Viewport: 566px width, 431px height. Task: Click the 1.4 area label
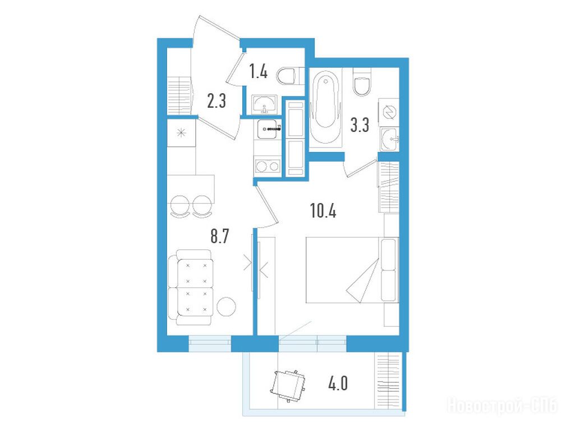coord(259,71)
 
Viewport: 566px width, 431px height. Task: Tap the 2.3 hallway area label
coord(217,100)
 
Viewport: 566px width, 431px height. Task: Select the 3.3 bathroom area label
coord(360,125)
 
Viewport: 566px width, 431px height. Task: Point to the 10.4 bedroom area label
coord(323,210)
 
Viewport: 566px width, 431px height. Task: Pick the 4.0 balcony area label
coord(338,383)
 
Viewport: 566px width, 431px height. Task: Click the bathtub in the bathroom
coord(325,107)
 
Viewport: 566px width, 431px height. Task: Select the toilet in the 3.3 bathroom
coord(362,82)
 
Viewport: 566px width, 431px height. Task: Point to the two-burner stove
coord(268,166)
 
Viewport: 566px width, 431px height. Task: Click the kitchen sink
coord(268,129)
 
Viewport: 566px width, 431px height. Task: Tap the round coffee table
coord(226,307)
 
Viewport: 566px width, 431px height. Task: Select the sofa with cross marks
coord(190,287)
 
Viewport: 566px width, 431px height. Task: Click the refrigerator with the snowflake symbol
coord(181,133)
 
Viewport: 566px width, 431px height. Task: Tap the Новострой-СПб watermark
coord(503,406)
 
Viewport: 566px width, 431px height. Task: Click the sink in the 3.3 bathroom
coord(389,139)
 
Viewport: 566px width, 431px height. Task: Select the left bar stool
coord(180,207)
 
